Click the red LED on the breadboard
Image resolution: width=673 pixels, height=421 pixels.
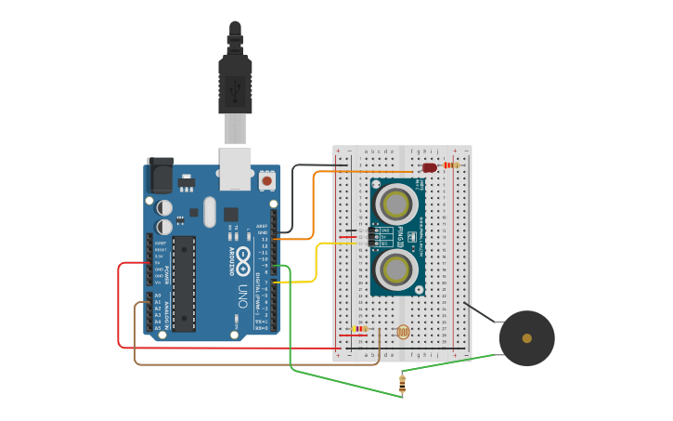point(429,168)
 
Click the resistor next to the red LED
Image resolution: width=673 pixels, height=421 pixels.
point(451,165)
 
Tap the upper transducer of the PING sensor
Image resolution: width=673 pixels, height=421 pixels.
point(396,201)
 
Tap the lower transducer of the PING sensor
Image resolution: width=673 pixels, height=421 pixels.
point(396,270)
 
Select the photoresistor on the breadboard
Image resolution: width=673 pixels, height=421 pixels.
point(402,331)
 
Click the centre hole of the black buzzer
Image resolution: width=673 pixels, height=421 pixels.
point(526,338)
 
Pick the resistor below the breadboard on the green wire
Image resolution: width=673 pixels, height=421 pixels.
point(402,383)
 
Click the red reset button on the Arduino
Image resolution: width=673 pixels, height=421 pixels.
point(267,179)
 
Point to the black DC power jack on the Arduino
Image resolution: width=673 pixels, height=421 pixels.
point(159,174)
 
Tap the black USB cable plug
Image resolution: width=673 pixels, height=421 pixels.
point(235,84)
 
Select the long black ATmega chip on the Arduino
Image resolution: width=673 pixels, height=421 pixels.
point(184,283)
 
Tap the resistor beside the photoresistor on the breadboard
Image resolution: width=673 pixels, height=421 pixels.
point(360,328)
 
